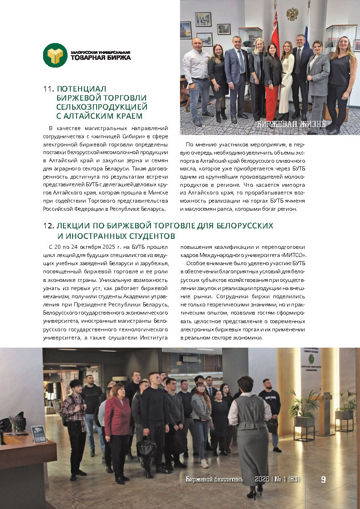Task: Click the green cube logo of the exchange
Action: [x=55, y=55]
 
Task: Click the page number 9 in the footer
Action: [x=323, y=479]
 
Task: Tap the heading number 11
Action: [x=48, y=89]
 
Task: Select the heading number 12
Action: [x=48, y=226]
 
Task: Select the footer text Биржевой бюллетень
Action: [x=214, y=479]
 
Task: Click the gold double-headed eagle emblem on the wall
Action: [x=292, y=14]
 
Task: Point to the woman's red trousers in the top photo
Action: [x=272, y=102]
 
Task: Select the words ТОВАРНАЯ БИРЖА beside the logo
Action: [x=101, y=58]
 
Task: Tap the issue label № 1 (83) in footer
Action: [x=286, y=479]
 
